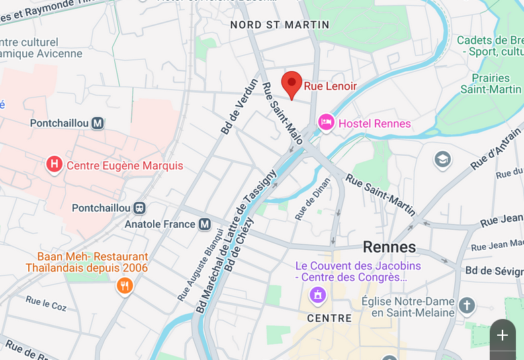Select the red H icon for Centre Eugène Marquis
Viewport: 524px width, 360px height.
point(54,165)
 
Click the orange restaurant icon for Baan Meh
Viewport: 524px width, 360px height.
point(124,286)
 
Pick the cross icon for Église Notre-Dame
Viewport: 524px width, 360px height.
point(467,307)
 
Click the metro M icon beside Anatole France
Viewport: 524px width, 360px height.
point(205,224)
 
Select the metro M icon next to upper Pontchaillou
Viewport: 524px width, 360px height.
point(98,123)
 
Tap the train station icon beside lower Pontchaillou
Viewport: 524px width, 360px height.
point(140,208)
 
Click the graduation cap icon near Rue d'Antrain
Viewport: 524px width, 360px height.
point(442,159)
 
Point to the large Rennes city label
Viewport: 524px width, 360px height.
point(389,246)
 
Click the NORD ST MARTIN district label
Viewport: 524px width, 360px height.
point(279,25)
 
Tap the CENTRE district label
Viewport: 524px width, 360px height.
point(329,318)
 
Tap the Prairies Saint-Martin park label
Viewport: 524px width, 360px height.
point(490,83)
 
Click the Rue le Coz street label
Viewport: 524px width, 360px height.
point(46,304)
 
